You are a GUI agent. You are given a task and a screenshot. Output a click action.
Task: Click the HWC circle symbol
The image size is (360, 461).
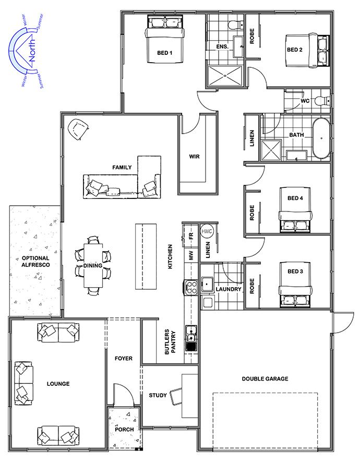207,231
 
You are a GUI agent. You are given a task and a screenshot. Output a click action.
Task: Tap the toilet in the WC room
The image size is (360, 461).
322,101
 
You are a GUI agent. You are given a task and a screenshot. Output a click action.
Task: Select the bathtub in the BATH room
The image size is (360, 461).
321,138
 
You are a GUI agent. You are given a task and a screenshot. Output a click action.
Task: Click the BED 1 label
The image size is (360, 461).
164,53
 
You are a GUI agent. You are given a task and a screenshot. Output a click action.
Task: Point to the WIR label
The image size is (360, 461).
194,157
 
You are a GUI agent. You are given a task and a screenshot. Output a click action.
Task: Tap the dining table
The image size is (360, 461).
93,265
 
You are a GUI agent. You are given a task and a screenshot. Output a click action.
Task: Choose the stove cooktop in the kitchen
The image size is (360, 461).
191,287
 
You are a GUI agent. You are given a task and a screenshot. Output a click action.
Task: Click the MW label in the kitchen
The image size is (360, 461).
191,255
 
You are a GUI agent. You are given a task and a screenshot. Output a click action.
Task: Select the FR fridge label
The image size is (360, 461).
191,236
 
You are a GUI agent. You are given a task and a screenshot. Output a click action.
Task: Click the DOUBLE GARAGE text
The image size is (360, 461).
265,379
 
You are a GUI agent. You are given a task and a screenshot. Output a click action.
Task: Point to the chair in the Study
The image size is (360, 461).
176,396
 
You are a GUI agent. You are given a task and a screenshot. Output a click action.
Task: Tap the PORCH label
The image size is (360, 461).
124,429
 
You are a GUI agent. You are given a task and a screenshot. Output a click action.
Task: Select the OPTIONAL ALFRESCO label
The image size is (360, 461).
36,262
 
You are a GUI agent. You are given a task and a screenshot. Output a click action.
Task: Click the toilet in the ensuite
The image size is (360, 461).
236,25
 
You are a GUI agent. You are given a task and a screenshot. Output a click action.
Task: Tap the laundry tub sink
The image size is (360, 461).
207,284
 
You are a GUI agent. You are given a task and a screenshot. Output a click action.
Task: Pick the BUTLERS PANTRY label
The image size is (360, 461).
170,341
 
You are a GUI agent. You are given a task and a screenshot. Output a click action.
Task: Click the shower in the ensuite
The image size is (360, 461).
225,76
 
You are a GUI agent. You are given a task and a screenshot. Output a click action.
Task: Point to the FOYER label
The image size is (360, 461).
124,358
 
